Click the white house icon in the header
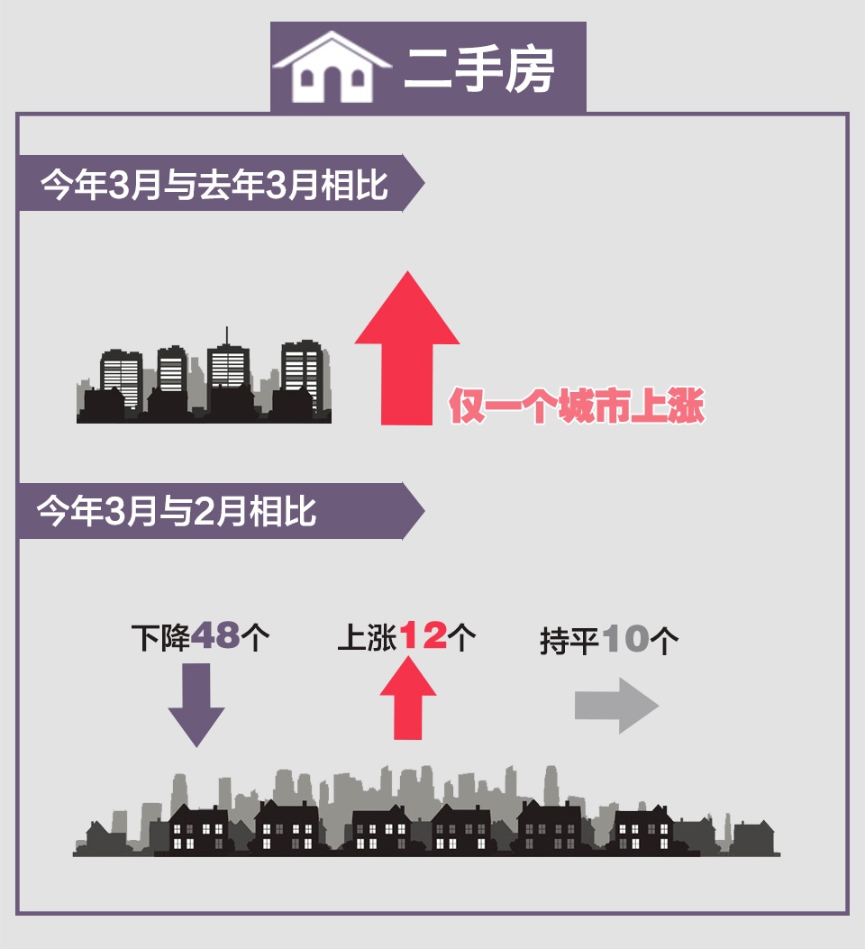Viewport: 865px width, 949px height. [332, 68]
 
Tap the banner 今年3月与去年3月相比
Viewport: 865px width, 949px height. [214, 187]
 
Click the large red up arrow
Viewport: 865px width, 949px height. [407, 347]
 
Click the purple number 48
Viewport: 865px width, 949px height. [216, 637]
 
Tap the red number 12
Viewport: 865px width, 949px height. [423, 637]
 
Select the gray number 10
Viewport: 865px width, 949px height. [627, 640]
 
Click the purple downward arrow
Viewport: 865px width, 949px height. [196, 703]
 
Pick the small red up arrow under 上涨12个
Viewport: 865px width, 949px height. [408, 698]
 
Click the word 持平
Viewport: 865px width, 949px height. [569, 641]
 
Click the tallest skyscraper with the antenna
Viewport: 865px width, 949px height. [227, 370]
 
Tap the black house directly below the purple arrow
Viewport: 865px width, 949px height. [198, 828]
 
